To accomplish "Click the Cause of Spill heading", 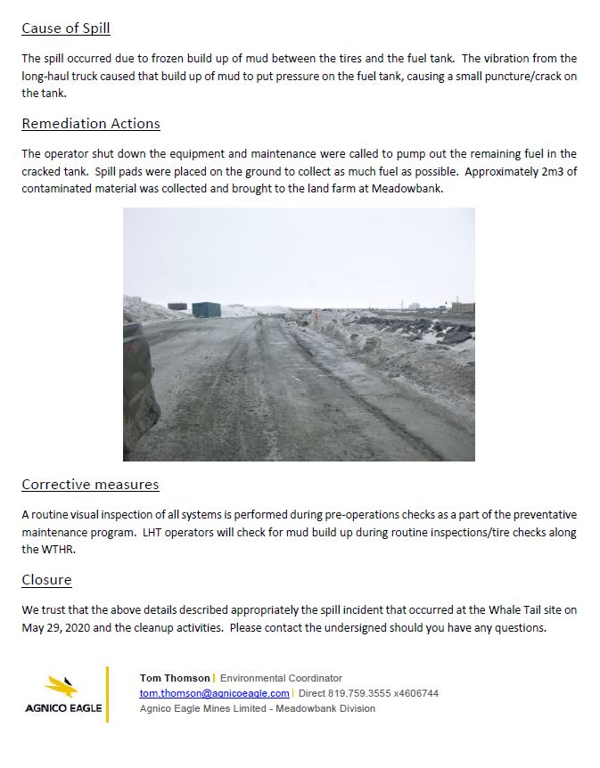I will (x=66, y=28).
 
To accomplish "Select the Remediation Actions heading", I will (x=91, y=123).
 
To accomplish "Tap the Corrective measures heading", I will (x=90, y=485).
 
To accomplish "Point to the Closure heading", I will (x=46, y=580).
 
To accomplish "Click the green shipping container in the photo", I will (x=206, y=309).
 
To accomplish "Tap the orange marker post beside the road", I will (x=315, y=315).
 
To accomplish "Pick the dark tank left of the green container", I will (x=177, y=306).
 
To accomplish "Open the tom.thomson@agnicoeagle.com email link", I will (x=214, y=693).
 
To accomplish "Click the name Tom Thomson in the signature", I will (x=175, y=678).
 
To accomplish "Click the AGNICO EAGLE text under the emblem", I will (x=62, y=709).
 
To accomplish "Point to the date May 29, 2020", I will (x=52, y=627).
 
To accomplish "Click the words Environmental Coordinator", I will (x=281, y=678).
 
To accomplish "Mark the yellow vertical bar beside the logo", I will (x=108, y=693).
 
